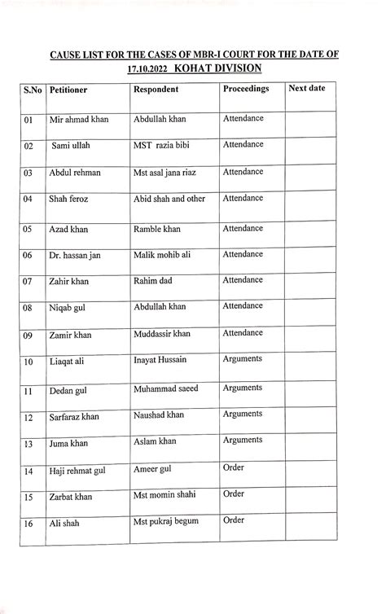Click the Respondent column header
pos(160,89)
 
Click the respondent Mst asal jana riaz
pos(170,173)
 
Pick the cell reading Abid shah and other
pos(169,200)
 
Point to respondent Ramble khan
pos(157,230)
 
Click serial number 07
pos(29,283)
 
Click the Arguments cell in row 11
pos(243,388)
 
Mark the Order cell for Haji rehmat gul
pos(234,467)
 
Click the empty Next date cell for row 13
pos(309,444)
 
